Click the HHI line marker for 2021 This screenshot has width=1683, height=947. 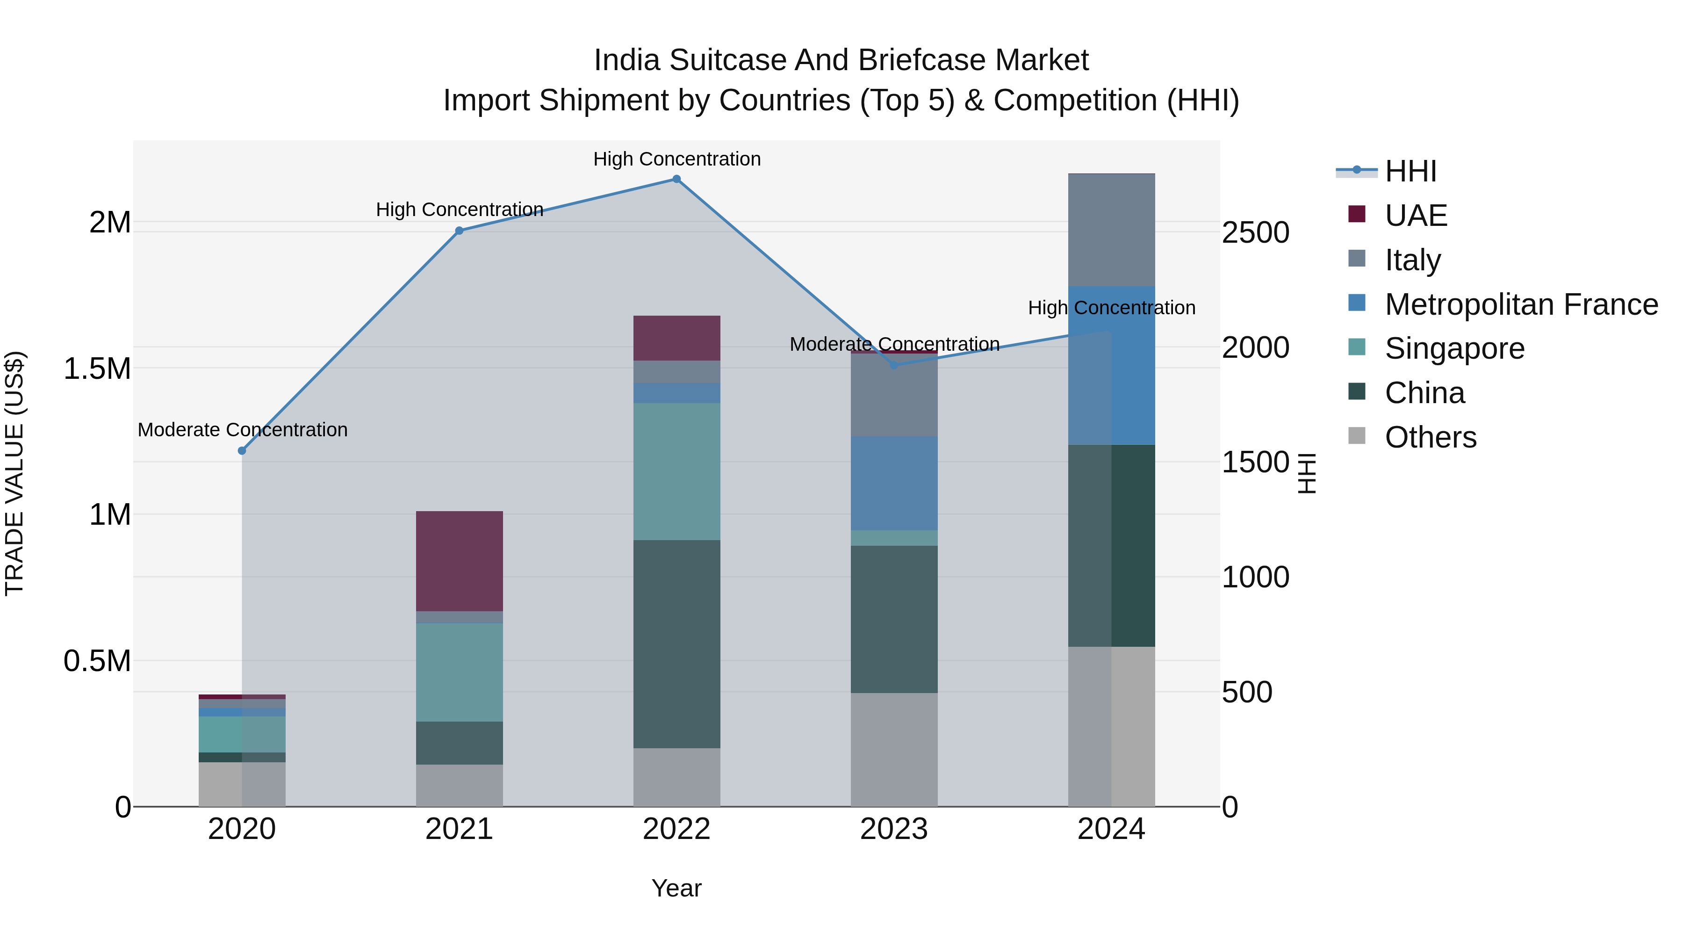(x=459, y=231)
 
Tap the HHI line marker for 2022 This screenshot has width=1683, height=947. (x=677, y=179)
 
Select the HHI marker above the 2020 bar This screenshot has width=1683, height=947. (x=242, y=450)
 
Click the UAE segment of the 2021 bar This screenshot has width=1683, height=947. (x=459, y=561)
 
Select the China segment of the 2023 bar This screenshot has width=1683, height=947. (x=894, y=618)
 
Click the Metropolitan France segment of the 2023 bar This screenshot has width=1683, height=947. (x=894, y=483)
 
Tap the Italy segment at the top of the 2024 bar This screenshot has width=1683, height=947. (x=1111, y=230)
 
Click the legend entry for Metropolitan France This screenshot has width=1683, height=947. (x=1520, y=304)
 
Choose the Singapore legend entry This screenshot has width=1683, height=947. (x=1454, y=348)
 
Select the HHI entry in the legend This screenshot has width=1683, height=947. (x=1410, y=171)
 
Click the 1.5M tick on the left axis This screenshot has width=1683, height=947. (x=97, y=369)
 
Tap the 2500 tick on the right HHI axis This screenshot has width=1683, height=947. (x=1255, y=233)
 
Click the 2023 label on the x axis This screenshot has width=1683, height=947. (x=894, y=829)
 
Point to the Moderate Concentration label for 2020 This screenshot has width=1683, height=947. (x=242, y=429)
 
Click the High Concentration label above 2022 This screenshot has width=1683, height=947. (x=677, y=159)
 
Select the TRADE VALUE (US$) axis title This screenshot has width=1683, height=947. (x=14, y=473)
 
